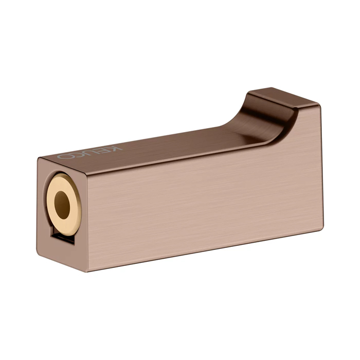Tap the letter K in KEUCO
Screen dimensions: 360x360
click(x=117, y=148)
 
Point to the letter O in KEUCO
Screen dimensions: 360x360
click(x=66, y=155)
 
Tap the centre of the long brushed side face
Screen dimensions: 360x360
click(x=201, y=201)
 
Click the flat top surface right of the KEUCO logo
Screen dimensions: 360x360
click(x=170, y=141)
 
